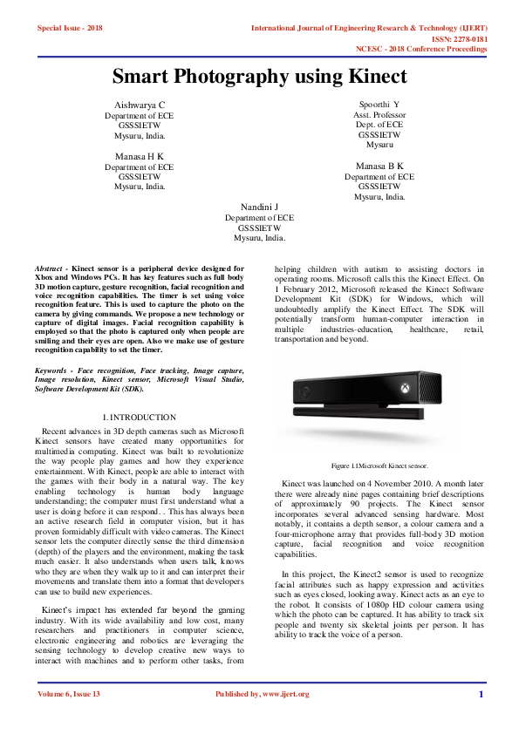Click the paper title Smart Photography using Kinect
259,77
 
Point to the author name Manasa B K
379,166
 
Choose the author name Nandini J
259,207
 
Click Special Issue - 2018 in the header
70,29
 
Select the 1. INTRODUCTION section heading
140,418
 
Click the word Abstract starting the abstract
48,269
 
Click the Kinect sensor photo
379,405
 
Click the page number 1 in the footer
481,695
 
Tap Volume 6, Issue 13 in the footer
69,695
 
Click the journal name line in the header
368,29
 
